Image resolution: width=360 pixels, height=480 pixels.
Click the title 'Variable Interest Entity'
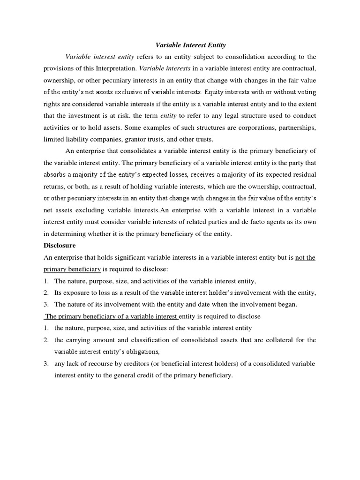[x=190, y=45]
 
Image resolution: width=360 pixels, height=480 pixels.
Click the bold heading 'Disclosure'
[x=60, y=245]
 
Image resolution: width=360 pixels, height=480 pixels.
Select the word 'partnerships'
[x=294, y=127]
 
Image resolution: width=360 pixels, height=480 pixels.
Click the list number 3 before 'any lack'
[x=46, y=364]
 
